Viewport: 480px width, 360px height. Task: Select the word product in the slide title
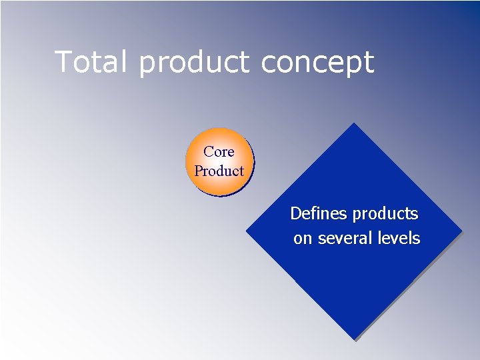tap(194, 63)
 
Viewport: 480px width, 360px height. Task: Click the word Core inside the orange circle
tap(219, 152)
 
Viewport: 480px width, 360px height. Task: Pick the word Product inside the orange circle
tap(219, 171)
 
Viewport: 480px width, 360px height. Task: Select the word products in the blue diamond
tap(385, 215)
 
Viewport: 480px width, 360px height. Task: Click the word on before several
tap(302, 239)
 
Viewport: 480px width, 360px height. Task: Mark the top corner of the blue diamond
tap(353, 125)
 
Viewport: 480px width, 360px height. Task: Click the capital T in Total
tap(64, 62)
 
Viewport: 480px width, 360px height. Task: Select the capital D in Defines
tap(296, 214)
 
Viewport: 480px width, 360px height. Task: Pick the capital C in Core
tap(209, 152)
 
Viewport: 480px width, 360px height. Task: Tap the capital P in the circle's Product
tap(198, 171)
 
